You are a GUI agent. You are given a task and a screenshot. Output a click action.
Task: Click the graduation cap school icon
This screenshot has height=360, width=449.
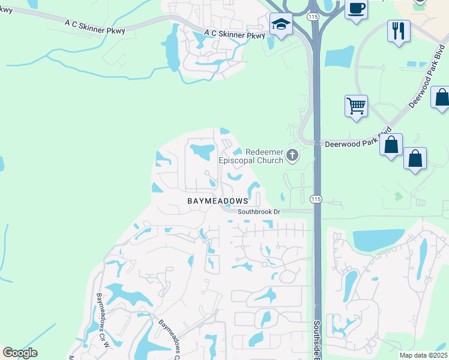coord(280,25)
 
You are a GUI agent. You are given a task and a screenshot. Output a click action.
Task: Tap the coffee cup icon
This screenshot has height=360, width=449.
coord(356,9)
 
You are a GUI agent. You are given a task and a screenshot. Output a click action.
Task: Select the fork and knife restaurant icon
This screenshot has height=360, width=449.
coord(399,30)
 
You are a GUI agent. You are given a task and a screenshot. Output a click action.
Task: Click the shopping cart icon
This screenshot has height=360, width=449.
coord(356,106)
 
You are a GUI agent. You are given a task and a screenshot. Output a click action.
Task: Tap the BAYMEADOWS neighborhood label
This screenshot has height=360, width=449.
coord(217,200)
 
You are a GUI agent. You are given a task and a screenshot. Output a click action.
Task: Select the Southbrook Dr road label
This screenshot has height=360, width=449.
coord(259,212)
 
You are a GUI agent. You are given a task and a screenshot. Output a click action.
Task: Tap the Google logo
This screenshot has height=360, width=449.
coord(20,353)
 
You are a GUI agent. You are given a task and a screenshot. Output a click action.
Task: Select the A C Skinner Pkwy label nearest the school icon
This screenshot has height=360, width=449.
coord(234,35)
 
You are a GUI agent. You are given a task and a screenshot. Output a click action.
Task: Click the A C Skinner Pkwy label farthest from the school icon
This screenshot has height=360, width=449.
coord(95,26)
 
